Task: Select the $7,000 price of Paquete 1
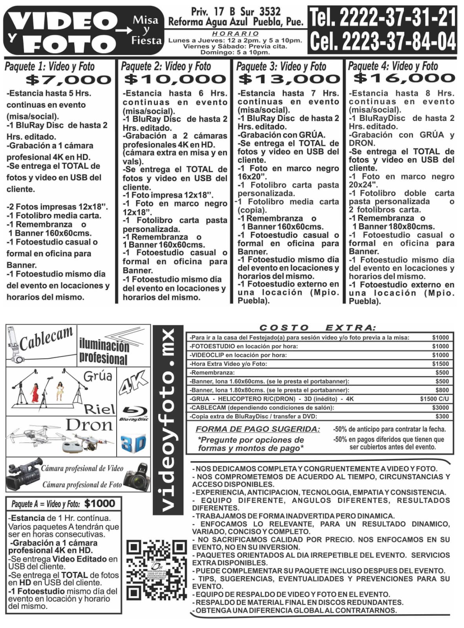click(x=69, y=80)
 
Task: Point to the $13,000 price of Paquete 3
click(x=289, y=79)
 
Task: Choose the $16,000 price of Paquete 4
click(x=404, y=78)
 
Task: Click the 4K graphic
click(x=133, y=382)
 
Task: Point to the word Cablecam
click(x=46, y=339)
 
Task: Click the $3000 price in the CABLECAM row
click(x=440, y=408)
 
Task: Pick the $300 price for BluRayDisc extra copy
click(x=442, y=416)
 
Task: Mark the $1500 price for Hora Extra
click(x=440, y=364)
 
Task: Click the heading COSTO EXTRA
click(x=318, y=328)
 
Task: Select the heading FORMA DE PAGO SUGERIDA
click(x=258, y=429)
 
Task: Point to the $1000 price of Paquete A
click(x=100, y=504)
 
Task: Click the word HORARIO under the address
click(x=236, y=34)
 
